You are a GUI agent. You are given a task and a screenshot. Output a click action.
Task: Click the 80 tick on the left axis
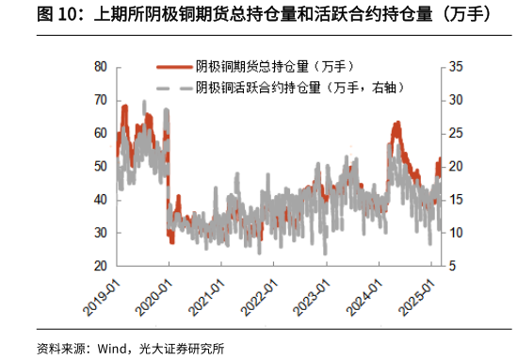100,67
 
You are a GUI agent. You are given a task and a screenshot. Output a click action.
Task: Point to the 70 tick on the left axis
100,100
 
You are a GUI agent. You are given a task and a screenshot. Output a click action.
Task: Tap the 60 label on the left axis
100,134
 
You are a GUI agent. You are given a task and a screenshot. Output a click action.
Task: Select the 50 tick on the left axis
100,167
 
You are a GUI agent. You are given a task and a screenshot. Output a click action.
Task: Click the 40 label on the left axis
100,200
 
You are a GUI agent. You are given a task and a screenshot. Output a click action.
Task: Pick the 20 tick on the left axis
100,267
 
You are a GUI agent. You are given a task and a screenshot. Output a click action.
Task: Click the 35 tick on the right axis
456,67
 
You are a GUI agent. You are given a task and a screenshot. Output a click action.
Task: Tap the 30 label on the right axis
456,100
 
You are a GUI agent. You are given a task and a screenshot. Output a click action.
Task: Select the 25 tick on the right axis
456,134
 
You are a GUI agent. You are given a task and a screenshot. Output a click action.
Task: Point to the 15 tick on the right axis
456,200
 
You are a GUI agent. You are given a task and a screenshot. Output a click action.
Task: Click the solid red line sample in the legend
173,66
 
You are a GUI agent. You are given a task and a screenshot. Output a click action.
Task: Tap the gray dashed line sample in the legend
173,88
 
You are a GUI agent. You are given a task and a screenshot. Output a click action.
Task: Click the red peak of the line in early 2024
396,123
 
